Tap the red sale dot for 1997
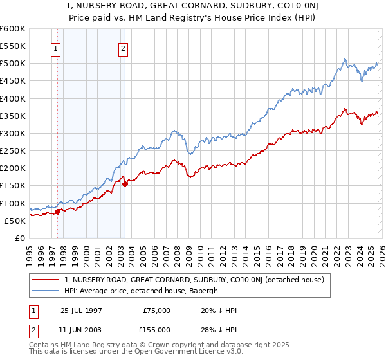(57, 211)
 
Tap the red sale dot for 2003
(125, 183)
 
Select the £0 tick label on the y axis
(19, 238)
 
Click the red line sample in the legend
(46, 280)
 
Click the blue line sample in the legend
(46, 291)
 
